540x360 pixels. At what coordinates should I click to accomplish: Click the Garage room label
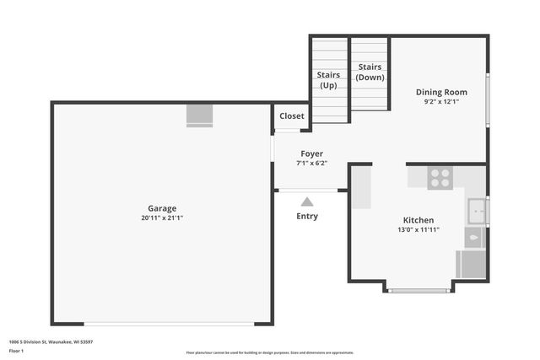click(x=162, y=207)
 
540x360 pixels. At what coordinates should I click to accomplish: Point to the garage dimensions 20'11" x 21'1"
click(x=162, y=218)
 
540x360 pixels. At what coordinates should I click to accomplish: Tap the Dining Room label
click(x=440, y=92)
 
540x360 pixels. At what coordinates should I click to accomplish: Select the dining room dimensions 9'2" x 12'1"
click(x=440, y=102)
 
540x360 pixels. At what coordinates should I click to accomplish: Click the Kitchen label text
click(x=418, y=219)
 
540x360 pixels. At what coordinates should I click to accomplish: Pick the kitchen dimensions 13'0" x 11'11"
click(x=418, y=229)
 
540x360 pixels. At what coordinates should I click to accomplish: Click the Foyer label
click(x=311, y=153)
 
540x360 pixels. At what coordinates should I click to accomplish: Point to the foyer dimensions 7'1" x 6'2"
click(x=311, y=164)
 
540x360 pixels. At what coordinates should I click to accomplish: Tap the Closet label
click(x=292, y=116)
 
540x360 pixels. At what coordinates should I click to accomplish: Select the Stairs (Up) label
click(x=328, y=80)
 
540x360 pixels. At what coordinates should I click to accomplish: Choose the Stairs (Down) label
click(x=370, y=72)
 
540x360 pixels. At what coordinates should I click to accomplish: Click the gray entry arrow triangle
click(x=307, y=201)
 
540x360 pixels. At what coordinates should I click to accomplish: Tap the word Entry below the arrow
click(x=307, y=217)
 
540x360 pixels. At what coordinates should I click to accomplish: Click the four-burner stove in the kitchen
click(x=440, y=177)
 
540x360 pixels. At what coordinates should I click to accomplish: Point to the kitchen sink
click(x=477, y=209)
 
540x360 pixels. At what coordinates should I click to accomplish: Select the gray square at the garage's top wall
click(x=200, y=115)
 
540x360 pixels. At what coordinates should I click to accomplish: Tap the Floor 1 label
click(x=17, y=350)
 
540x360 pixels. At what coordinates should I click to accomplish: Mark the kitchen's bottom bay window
click(x=419, y=291)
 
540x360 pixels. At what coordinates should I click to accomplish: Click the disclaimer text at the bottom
click(x=270, y=352)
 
